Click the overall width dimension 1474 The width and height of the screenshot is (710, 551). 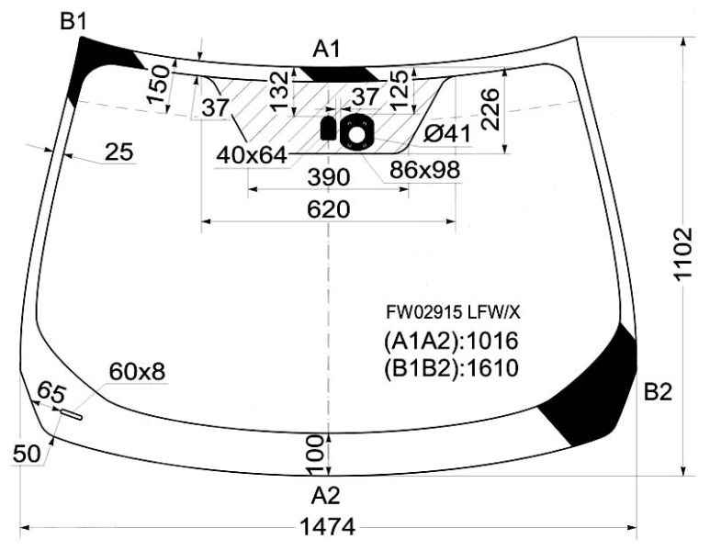click(328, 527)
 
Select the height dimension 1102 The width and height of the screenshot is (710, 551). click(682, 254)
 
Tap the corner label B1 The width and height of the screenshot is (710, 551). click(73, 21)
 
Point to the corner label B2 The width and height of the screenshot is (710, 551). click(658, 391)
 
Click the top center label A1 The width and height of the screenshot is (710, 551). click(326, 49)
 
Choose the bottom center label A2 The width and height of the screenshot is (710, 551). click(325, 496)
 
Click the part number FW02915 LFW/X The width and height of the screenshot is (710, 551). click(453, 312)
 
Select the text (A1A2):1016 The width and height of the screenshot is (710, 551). click(451, 341)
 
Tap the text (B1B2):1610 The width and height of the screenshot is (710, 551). click(451, 368)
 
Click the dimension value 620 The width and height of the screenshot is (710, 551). click(328, 209)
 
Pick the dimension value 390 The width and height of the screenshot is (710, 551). click(328, 177)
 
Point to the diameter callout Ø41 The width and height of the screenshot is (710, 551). click(447, 134)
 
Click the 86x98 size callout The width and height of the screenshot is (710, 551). click(424, 170)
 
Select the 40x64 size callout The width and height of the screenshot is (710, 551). click(252, 155)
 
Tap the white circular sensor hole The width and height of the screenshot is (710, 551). click(356, 134)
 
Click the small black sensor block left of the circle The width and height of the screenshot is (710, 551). click(327, 128)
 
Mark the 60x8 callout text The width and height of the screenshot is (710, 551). click(137, 372)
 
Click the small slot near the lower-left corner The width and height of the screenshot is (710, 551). click(72, 414)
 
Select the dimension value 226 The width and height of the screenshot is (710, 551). click(490, 109)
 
